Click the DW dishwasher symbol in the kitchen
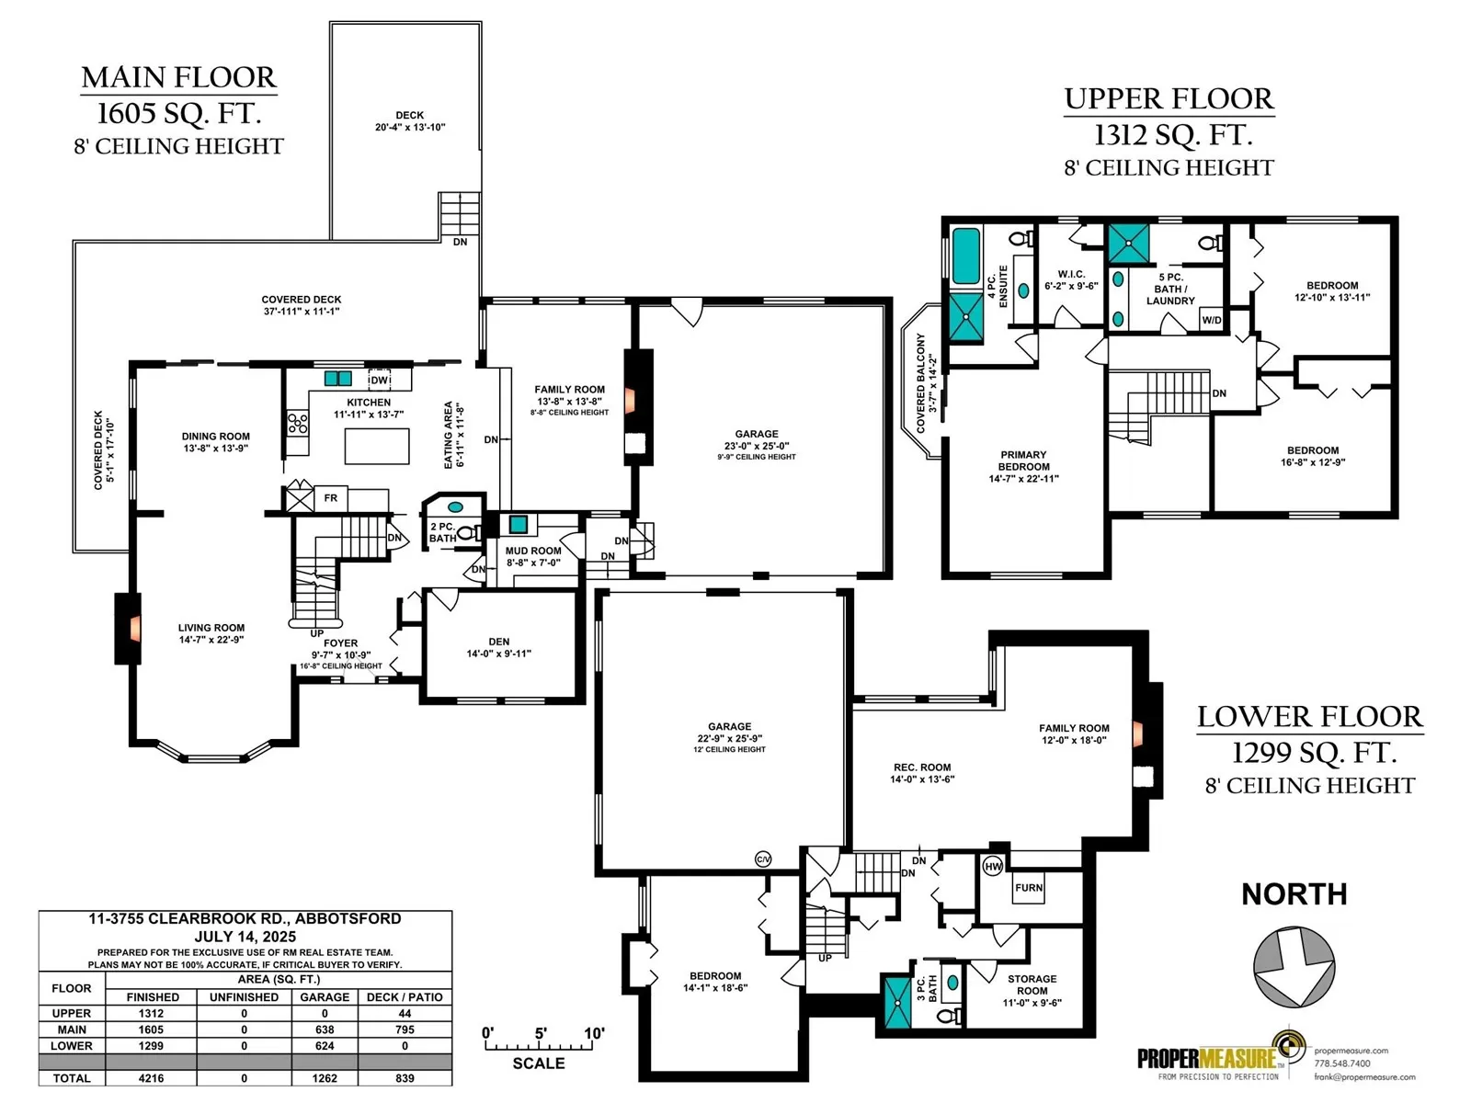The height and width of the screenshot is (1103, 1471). coord(380,380)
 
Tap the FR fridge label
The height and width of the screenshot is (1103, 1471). coord(330,497)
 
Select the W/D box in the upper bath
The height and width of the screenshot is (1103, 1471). coord(1211,320)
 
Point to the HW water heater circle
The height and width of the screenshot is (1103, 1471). coord(993,867)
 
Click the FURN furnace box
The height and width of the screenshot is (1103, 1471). coord(1028,888)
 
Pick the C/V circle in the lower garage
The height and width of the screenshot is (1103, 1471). coord(763,859)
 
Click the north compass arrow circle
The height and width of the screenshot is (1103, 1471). coord(1294,967)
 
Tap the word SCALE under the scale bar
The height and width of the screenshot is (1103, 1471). coord(538,1063)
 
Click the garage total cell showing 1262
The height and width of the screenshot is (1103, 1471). coord(325,1078)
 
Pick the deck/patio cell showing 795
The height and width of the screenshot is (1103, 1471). coord(405,1029)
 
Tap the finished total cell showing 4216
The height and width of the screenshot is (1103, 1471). coord(152,1078)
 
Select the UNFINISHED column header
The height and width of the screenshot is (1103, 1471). coord(244,997)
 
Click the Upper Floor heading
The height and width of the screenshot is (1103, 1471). coord(1169,99)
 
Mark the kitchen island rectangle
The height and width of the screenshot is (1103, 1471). coord(377,446)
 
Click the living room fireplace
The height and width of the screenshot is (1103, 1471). coord(127,628)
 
